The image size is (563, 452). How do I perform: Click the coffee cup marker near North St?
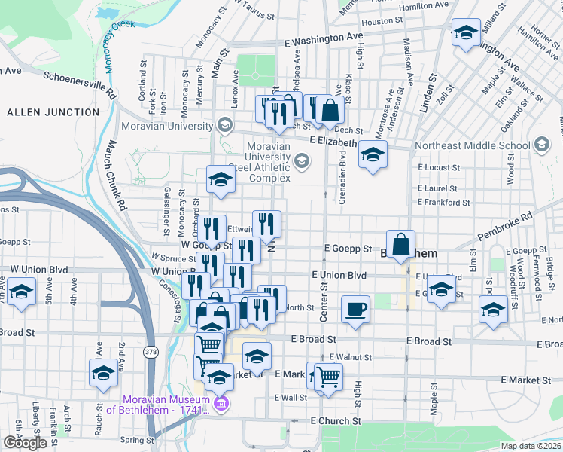355,308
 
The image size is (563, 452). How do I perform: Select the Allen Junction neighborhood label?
53,112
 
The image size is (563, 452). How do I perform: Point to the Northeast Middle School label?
473,145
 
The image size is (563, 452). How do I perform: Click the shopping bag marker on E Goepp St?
401,243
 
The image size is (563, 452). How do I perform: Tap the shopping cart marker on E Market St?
328,375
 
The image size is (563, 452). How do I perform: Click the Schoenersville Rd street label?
80,84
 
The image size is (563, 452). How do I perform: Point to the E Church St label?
336,420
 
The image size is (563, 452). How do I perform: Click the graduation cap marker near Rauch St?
103,372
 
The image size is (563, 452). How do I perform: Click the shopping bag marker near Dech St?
330,110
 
